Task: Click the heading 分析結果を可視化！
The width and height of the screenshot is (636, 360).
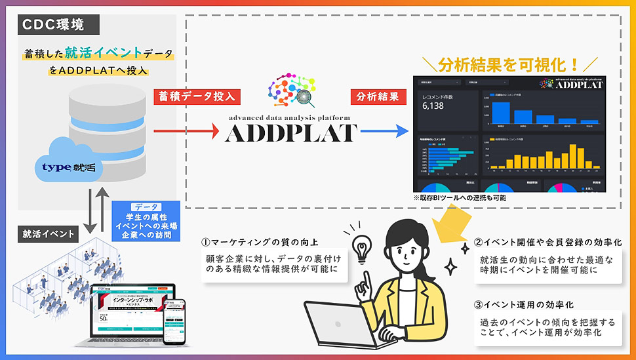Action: click(509, 64)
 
